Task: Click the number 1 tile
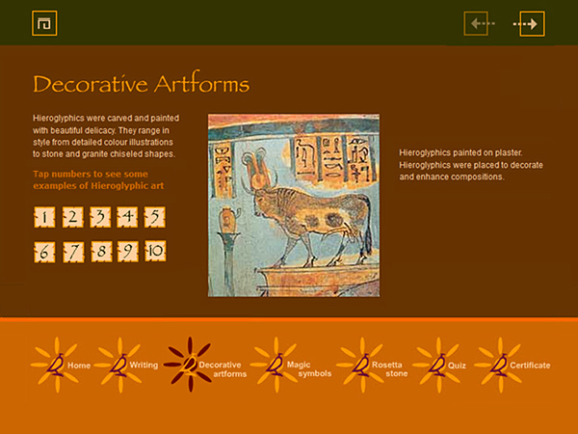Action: (44, 217)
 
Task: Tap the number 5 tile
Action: (154, 217)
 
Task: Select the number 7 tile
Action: (72, 253)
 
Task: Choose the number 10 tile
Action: (155, 253)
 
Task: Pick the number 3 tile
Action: (99, 217)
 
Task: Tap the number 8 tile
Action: (99, 253)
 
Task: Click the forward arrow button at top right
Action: (532, 23)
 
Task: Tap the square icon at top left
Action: (44, 23)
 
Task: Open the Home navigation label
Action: (79, 366)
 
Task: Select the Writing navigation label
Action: (144, 366)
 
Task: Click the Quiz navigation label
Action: (457, 366)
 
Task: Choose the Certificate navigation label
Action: (530, 366)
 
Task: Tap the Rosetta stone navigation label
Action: (386, 369)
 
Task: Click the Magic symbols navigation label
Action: (305, 369)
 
